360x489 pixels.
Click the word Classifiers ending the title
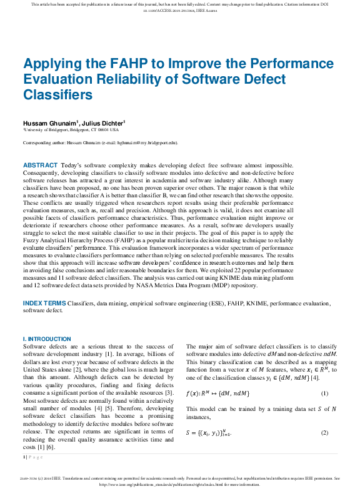(57, 95)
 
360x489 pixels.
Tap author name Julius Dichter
(102, 123)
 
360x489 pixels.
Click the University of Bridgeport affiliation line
(71, 130)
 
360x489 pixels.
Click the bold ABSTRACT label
(40, 165)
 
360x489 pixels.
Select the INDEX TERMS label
(44, 303)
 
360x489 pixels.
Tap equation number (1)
(324, 393)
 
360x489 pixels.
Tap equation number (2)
(324, 433)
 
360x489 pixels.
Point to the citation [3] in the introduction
(169, 392)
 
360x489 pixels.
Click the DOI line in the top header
(180, 11)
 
